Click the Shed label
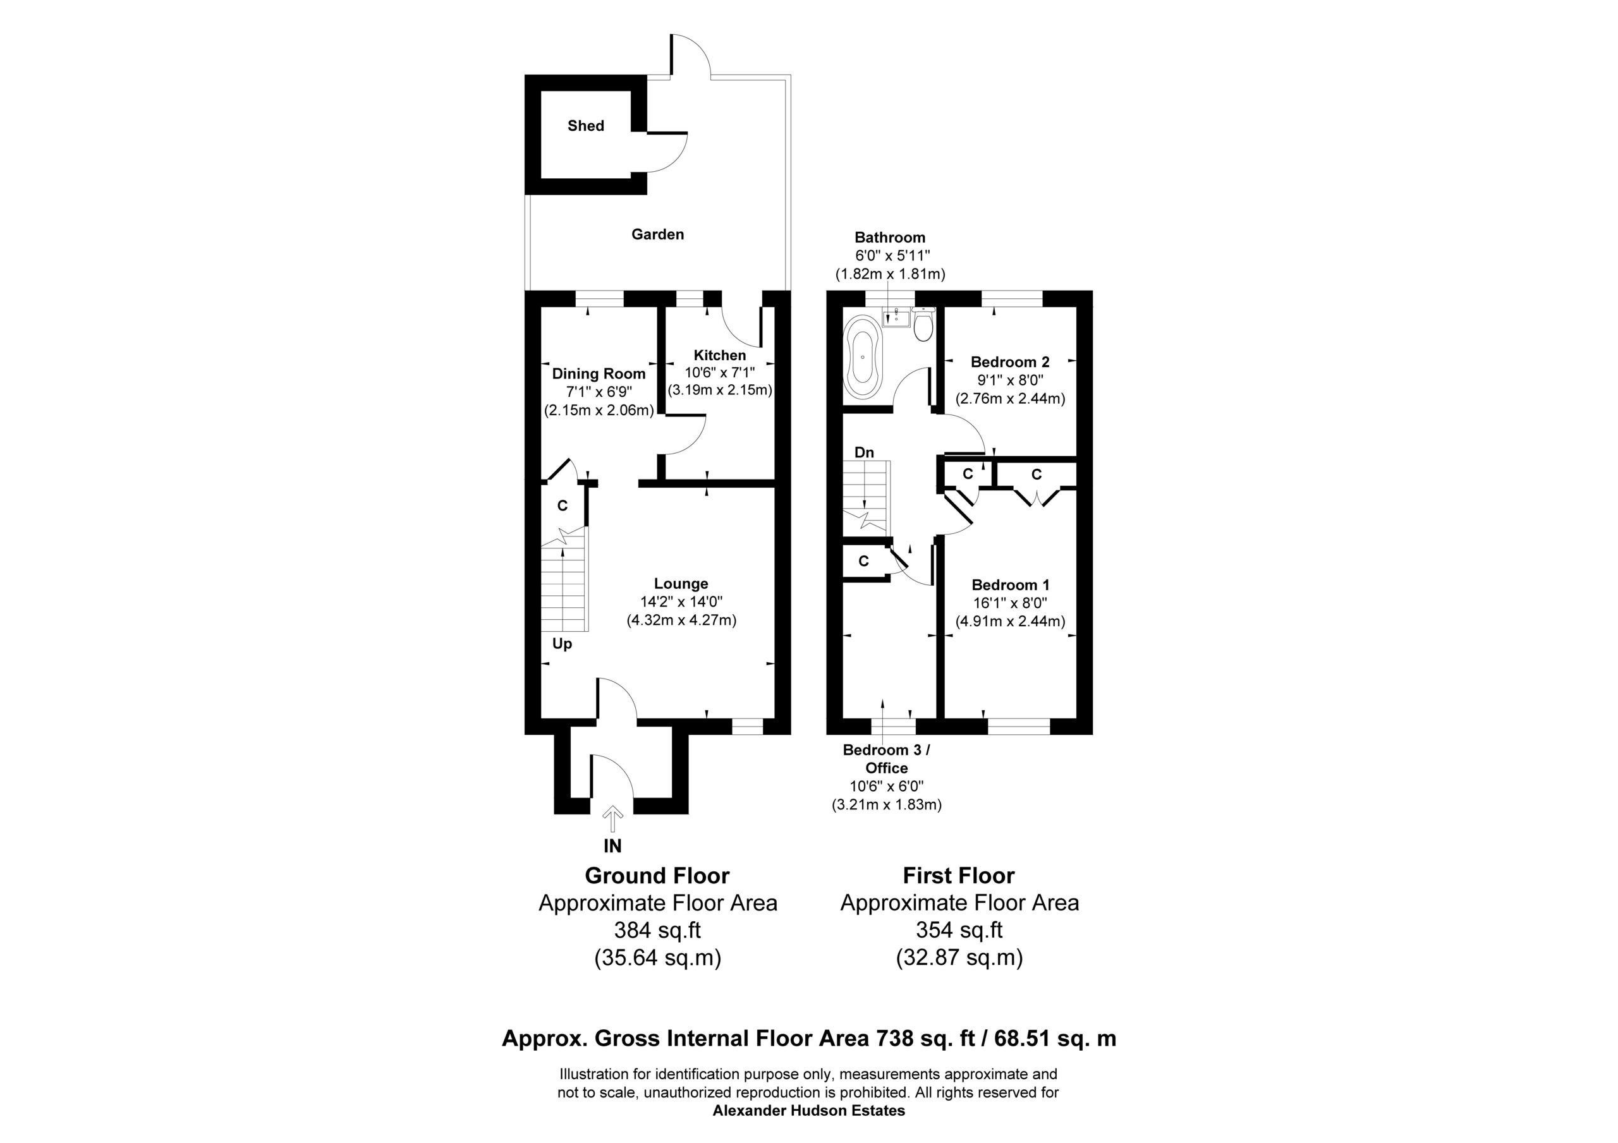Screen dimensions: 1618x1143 coord(586,126)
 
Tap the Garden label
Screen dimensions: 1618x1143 coord(657,234)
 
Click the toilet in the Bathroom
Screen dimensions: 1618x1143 coord(923,324)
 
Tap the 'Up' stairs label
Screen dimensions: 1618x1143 coord(562,643)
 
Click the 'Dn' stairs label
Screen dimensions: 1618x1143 coord(864,452)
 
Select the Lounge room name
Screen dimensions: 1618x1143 coord(681,583)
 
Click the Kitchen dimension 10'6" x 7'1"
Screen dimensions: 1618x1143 coord(719,372)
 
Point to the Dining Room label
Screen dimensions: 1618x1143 coord(599,373)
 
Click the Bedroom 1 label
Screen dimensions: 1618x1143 coord(1010,585)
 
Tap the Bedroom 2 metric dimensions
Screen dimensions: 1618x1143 coord(1010,399)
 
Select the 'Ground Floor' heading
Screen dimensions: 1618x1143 coord(657,876)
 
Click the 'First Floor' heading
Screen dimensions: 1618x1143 coord(958,876)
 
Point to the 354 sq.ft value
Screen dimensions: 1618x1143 coord(958,930)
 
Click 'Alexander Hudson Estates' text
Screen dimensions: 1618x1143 coord(809,1111)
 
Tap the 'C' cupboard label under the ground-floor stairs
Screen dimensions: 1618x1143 coord(563,506)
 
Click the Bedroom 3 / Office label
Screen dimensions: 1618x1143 coord(887,759)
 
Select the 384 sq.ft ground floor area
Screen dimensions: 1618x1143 coord(657,930)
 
